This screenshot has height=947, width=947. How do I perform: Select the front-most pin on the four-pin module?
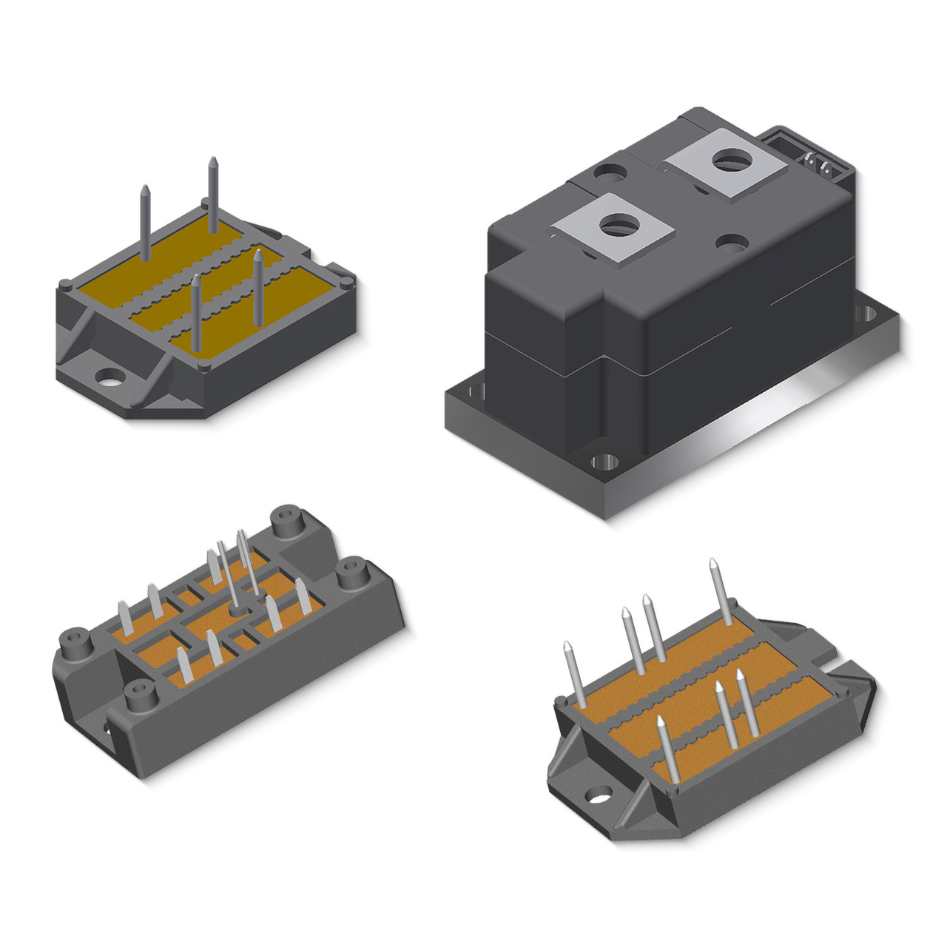[196, 314]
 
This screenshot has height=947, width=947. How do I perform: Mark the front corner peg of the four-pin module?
[203, 367]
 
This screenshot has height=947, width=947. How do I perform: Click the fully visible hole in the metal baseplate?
[604, 464]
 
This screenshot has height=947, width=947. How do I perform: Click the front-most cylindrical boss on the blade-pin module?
[139, 695]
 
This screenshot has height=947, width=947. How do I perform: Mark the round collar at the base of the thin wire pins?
[238, 611]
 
